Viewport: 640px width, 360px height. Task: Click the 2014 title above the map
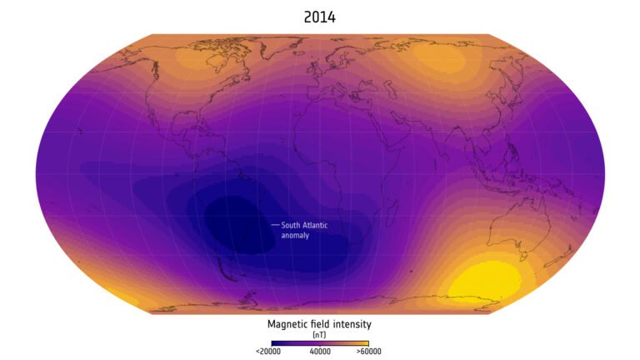coord(320,17)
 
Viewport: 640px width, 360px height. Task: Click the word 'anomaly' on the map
coord(295,236)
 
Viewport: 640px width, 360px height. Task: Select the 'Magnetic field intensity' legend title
coord(319,323)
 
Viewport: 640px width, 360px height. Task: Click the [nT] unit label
coord(319,333)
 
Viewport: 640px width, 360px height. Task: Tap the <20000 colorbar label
coord(267,352)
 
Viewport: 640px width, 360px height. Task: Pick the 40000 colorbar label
coord(320,352)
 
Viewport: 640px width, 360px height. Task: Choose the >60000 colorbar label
coord(368,352)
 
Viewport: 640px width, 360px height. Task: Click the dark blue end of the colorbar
coord(275,342)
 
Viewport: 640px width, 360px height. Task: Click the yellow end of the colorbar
coord(363,342)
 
